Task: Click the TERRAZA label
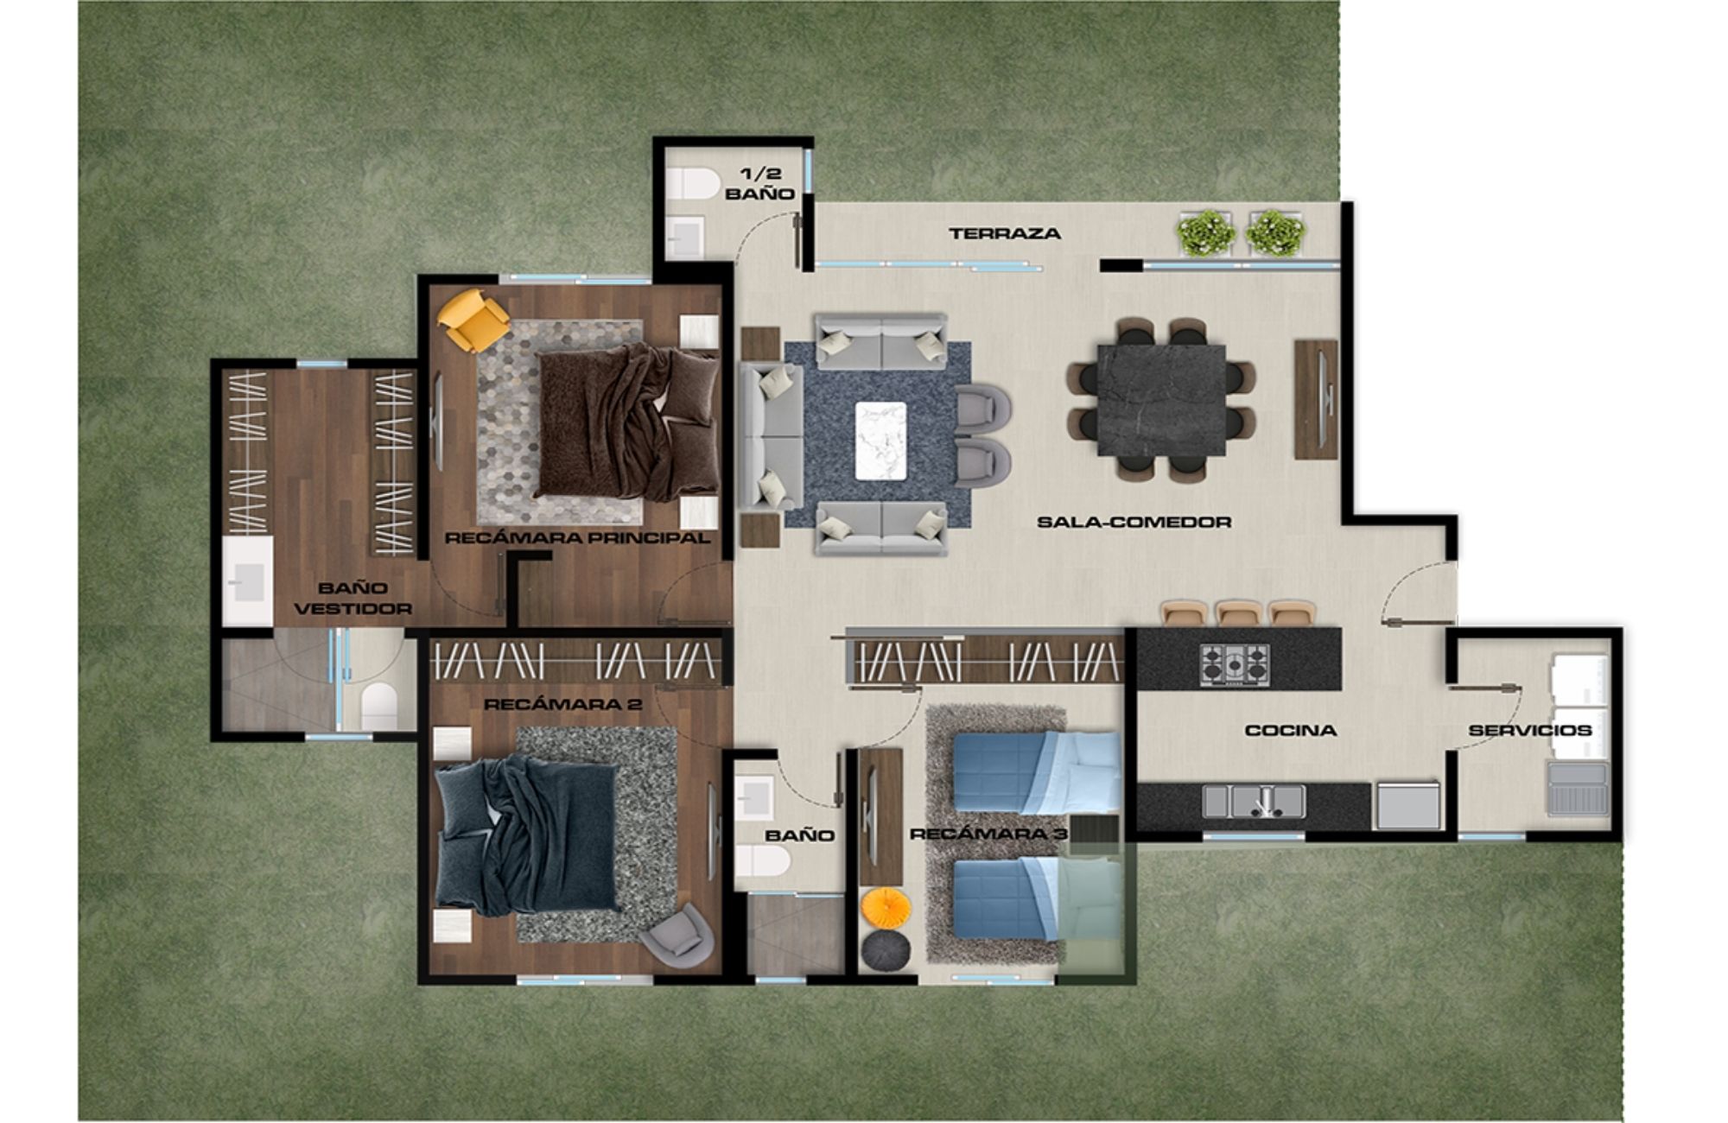coord(1004,233)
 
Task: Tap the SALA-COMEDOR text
coord(1134,522)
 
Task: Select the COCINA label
coord(1290,731)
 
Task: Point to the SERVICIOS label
coord(1529,731)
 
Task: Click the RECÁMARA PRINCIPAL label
coord(576,538)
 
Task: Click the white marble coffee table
coord(880,441)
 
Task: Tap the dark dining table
coord(1160,400)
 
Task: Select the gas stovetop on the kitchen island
coord(1234,665)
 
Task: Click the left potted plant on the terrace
coord(1206,232)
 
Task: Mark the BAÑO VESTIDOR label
coord(353,598)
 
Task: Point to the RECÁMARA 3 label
coord(988,834)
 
